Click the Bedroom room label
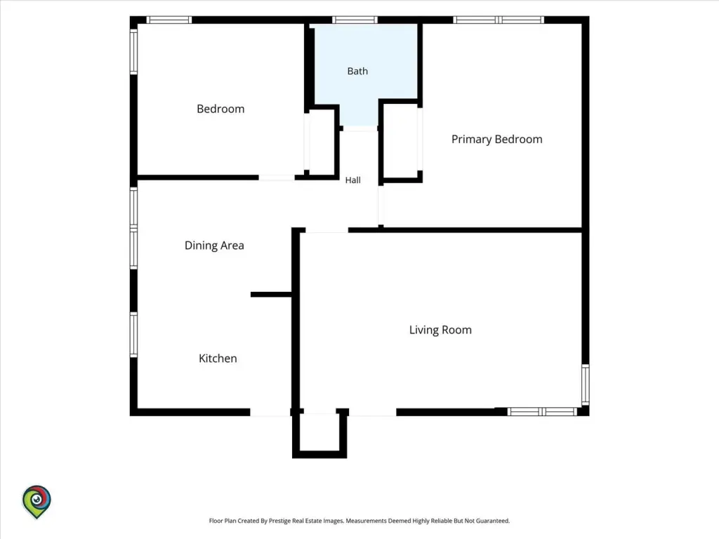(x=220, y=109)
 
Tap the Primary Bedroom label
(x=496, y=140)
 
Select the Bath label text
(x=357, y=71)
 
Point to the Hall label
(x=353, y=180)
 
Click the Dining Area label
(x=214, y=246)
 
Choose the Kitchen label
(x=218, y=359)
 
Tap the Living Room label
(x=440, y=330)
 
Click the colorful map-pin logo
(x=37, y=502)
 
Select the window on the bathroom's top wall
(x=355, y=20)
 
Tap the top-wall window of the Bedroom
(x=169, y=20)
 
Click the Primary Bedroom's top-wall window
(x=499, y=20)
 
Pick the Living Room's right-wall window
(x=586, y=385)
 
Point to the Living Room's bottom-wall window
(x=542, y=411)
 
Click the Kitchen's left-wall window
(x=133, y=335)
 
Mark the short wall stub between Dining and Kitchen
(x=271, y=294)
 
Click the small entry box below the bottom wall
(x=319, y=434)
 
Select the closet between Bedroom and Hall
(x=321, y=142)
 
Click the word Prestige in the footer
(x=279, y=521)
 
